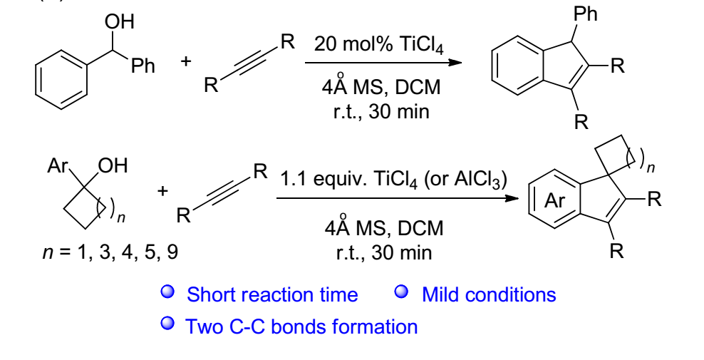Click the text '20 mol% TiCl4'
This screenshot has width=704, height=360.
pos(378,46)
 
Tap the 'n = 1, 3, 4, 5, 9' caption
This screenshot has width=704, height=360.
pos(108,252)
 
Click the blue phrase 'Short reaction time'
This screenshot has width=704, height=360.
pos(272,294)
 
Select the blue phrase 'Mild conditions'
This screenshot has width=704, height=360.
pos(489,294)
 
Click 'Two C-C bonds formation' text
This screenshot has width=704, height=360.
pos(301,327)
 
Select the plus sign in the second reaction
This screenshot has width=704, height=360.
pos(163,191)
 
